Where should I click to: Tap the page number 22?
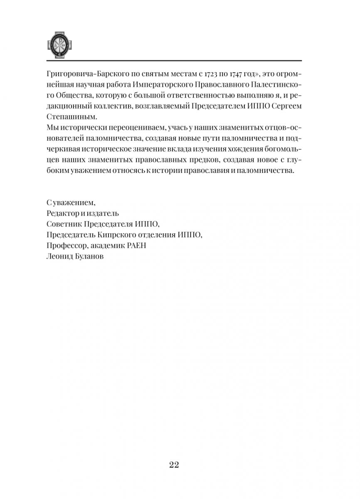click(174, 464)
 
